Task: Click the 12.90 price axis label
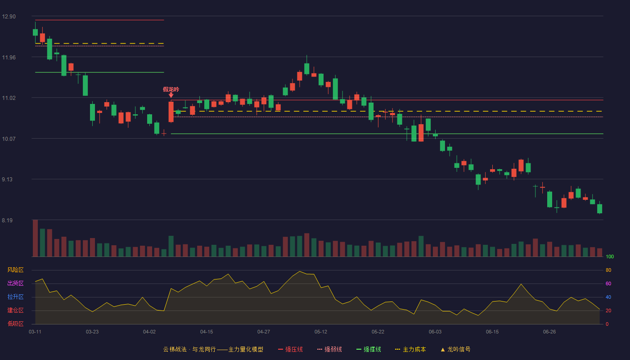(x=9, y=17)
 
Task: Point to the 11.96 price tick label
(x=9, y=58)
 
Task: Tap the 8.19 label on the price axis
(x=7, y=220)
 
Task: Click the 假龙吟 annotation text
(x=171, y=90)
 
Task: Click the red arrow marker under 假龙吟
(x=171, y=95)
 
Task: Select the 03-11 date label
(x=35, y=332)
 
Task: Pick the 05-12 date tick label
(x=320, y=332)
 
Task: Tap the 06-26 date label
(x=549, y=332)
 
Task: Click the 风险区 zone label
(x=15, y=270)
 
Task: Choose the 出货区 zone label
(x=15, y=283)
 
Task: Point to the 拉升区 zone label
(x=15, y=297)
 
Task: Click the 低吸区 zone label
(x=15, y=324)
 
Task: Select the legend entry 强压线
(x=290, y=349)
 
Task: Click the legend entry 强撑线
(x=369, y=349)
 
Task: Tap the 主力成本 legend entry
(x=410, y=349)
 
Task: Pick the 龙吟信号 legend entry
(x=455, y=349)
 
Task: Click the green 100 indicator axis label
(x=610, y=256)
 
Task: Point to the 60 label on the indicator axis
(x=608, y=283)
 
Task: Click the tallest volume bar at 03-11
(x=35, y=238)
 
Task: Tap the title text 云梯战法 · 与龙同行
(x=189, y=349)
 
